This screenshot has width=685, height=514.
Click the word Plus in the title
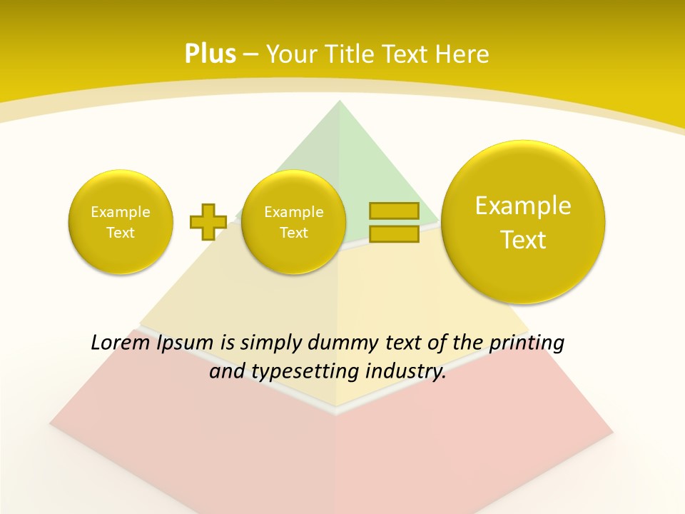coord(210,54)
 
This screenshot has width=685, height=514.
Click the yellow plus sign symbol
coord(208,221)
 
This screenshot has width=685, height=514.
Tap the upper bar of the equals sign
coord(394,211)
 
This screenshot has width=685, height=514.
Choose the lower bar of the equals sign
coord(394,233)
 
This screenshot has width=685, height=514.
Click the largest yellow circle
coord(523,221)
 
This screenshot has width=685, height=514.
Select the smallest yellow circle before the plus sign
coord(121,221)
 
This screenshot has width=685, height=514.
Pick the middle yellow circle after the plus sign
coord(293,221)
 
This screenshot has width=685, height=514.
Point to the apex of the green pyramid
coord(340,104)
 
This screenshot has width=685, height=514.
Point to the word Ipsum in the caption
coord(186,343)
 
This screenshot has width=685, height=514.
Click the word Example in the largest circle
coord(523,206)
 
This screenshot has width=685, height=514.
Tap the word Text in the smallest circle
coord(121,233)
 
